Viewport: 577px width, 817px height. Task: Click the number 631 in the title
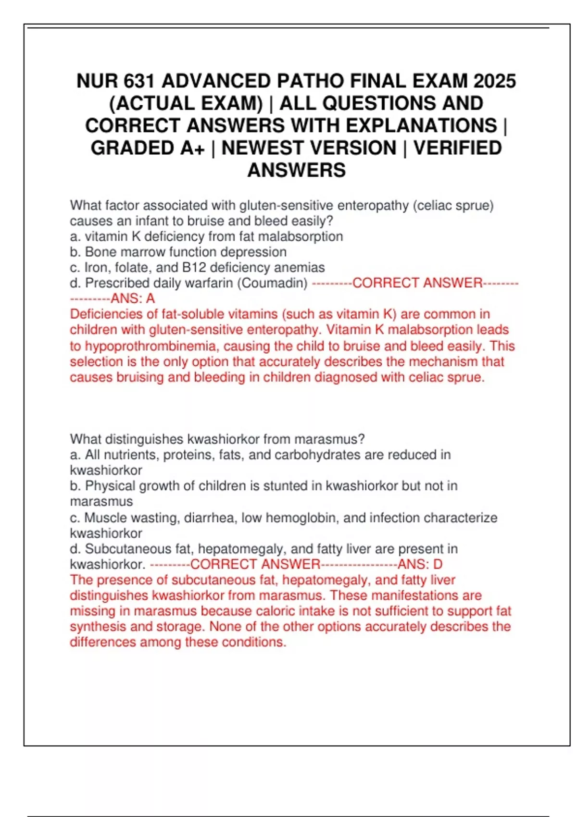[x=139, y=81]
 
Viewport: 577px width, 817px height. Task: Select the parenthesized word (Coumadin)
[x=272, y=283]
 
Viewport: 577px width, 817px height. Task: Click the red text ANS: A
[x=133, y=298]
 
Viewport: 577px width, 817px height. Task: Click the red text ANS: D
[x=420, y=564]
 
